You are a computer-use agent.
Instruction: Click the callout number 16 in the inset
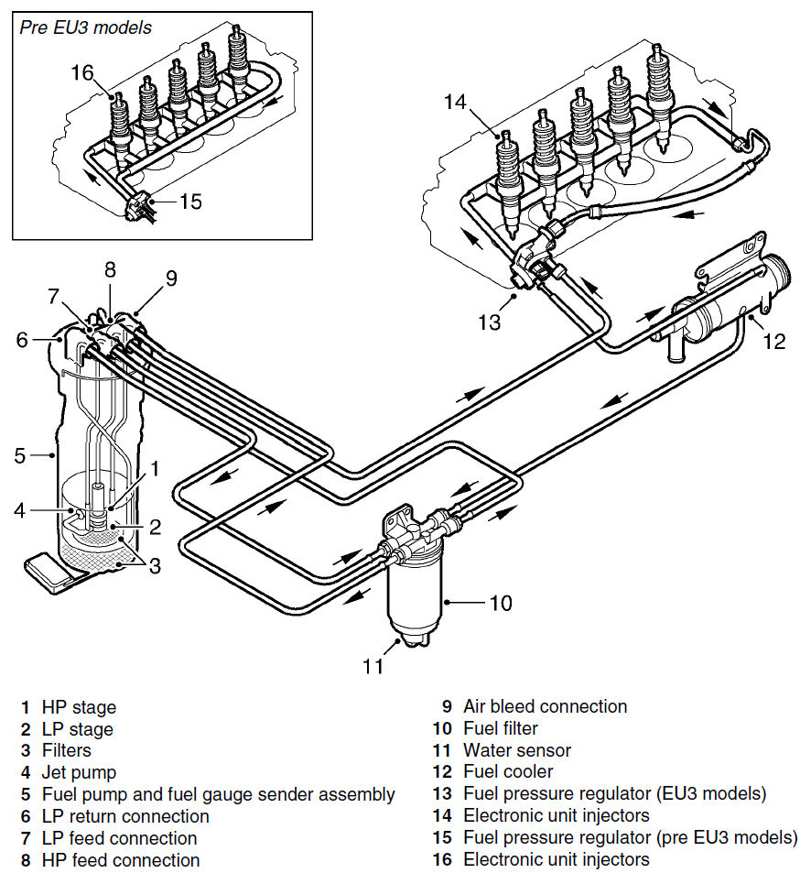point(82,72)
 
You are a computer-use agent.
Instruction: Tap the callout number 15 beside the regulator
point(190,202)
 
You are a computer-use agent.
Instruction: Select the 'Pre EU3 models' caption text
point(86,27)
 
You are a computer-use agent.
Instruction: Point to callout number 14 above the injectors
point(455,102)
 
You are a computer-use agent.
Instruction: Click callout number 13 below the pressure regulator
point(489,322)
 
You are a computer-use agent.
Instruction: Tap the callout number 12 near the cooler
point(773,341)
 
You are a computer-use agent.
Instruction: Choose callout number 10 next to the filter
point(500,604)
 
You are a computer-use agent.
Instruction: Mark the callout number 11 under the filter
point(373,666)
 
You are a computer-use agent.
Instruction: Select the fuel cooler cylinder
point(710,319)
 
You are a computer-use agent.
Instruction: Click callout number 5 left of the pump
point(20,455)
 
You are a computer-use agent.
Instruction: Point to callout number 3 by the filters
point(155,565)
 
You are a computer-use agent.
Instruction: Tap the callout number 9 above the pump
point(171,278)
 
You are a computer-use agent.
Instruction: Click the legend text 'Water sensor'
point(517,750)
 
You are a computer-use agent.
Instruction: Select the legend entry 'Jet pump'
point(79,772)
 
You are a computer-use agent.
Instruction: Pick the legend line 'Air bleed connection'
point(546,706)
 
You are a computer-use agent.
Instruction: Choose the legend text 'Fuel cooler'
point(508,772)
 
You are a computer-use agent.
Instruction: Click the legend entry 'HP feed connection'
point(121,860)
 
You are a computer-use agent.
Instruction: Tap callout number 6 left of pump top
point(22,339)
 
